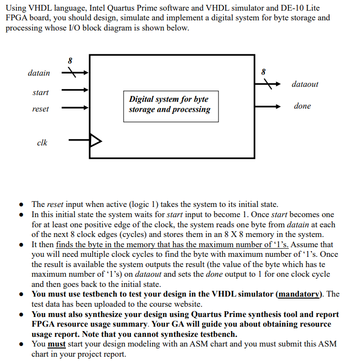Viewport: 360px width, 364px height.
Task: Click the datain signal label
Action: [39, 73]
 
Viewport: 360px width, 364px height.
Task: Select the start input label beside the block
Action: [41, 92]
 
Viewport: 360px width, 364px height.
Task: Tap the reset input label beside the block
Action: [40, 109]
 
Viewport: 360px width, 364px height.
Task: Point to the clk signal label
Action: [42, 142]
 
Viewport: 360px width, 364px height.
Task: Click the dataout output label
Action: [305, 84]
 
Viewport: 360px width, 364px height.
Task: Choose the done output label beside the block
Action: [302, 106]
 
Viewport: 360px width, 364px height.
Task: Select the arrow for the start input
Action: [75, 90]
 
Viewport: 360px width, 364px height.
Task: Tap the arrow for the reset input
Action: [75, 106]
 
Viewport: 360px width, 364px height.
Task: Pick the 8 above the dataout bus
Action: [264, 71]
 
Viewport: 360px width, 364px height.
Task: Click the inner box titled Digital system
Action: [170, 105]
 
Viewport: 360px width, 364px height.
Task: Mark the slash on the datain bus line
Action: [72, 73]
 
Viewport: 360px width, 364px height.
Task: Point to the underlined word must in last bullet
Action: [57, 344]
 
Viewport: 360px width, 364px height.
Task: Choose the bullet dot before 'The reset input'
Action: [22, 205]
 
